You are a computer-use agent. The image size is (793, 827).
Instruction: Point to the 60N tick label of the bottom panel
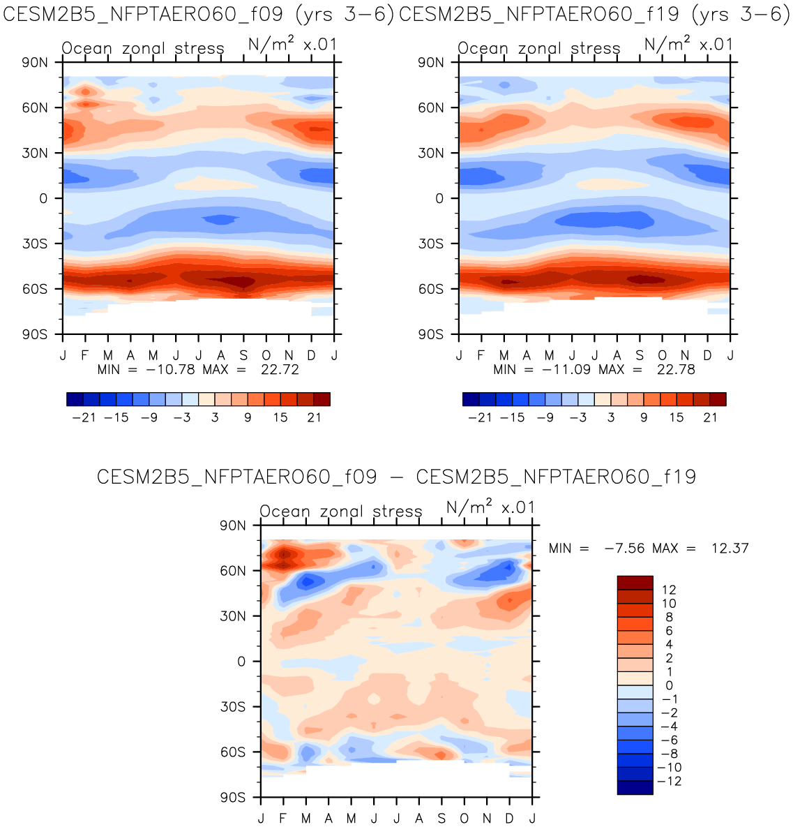[x=232, y=571]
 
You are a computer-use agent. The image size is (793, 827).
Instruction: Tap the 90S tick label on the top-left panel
[x=34, y=334]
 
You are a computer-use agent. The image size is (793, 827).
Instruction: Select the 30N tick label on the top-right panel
[x=430, y=153]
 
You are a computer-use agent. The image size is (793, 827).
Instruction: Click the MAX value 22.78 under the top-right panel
[x=676, y=370]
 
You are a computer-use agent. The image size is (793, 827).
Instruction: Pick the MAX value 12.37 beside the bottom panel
[x=730, y=549]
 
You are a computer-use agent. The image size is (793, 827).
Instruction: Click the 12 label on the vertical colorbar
[x=668, y=590]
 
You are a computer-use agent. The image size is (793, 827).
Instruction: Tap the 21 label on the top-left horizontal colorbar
[x=315, y=417]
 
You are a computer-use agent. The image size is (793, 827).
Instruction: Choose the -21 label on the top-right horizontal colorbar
[x=480, y=417]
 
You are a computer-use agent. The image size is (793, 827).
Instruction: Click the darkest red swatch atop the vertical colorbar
[x=635, y=583]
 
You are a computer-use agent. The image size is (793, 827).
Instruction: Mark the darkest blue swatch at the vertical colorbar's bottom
[x=635, y=787]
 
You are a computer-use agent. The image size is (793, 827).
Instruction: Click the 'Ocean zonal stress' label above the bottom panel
[x=341, y=512]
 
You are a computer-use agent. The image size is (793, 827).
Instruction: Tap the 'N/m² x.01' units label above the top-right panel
[x=688, y=45]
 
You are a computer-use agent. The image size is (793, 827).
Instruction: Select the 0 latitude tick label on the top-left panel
[x=43, y=199]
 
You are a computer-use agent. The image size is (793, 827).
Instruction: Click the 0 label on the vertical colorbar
[x=669, y=686]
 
